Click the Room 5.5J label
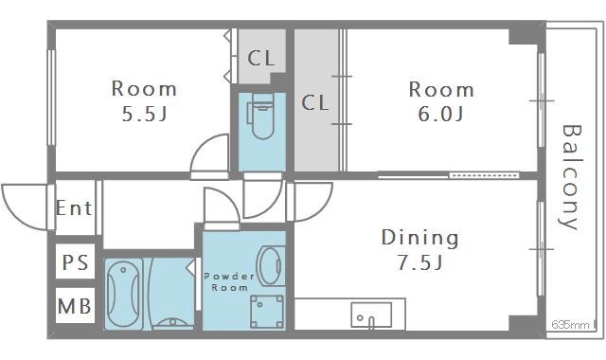point(144,101)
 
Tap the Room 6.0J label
point(440,101)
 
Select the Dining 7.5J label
point(419,249)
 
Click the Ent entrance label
point(74,207)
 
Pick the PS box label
point(75,262)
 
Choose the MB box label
point(75,307)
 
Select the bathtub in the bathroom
point(125,293)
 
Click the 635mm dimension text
point(570,326)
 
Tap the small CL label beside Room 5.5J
point(261,58)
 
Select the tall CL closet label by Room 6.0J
point(315,102)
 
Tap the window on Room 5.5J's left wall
point(52,97)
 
